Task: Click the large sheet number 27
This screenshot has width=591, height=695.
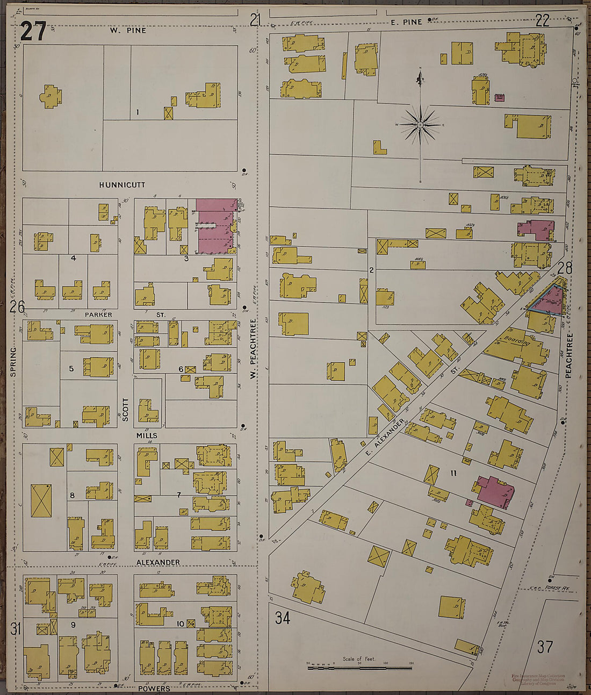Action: click(x=33, y=32)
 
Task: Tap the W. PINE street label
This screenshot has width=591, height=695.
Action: click(x=128, y=31)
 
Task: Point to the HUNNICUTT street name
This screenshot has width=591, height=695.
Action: click(x=122, y=184)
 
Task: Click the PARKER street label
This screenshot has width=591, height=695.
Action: click(x=98, y=314)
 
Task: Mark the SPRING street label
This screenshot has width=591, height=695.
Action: click(x=13, y=361)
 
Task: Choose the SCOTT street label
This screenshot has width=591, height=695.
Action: click(x=126, y=409)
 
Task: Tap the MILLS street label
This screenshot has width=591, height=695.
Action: click(x=147, y=435)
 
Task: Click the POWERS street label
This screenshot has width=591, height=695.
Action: click(x=154, y=688)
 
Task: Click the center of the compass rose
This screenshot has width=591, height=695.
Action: click(x=421, y=125)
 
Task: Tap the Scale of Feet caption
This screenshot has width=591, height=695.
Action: click(x=359, y=658)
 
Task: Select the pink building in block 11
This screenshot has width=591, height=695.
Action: click(x=495, y=491)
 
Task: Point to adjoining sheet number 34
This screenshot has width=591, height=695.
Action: click(x=283, y=618)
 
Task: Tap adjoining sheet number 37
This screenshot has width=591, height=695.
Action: click(x=544, y=647)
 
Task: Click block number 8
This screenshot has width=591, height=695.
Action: click(x=71, y=495)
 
